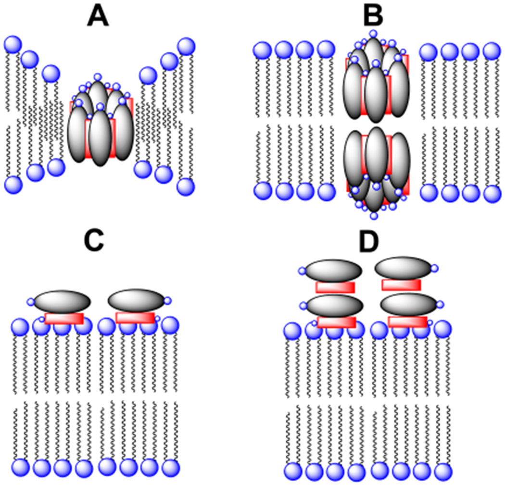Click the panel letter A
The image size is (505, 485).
click(x=99, y=18)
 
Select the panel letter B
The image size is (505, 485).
click(x=372, y=16)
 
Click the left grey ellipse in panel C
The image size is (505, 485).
click(x=62, y=301)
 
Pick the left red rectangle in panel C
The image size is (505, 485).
click(x=64, y=318)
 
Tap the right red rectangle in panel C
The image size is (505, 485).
click(x=135, y=317)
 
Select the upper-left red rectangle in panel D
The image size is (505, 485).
click(x=335, y=287)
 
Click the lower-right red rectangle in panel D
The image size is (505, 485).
click(x=407, y=322)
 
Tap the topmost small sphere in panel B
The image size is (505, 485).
click(x=373, y=33)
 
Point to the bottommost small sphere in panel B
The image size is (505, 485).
click(x=374, y=216)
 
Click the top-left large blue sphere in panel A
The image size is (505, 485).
click(x=13, y=45)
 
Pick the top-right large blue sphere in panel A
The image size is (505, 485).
click(x=186, y=47)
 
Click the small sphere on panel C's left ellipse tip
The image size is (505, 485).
click(x=31, y=302)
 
